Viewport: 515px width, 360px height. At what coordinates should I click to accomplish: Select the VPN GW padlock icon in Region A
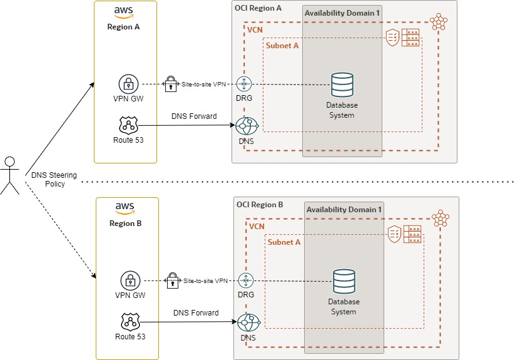click(x=128, y=84)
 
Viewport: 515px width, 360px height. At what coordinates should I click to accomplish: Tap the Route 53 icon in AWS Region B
click(x=130, y=322)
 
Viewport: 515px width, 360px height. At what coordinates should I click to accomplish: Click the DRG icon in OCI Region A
click(x=244, y=84)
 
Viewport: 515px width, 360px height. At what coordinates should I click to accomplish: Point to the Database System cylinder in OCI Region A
click(x=342, y=85)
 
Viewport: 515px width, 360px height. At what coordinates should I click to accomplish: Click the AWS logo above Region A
click(x=124, y=13)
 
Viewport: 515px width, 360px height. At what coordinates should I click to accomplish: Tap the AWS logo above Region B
click(x=126, y=208)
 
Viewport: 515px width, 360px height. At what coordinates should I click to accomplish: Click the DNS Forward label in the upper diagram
click(x=194, y=116)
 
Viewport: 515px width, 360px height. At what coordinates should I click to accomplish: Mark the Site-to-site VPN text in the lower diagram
click(x=205, y=280)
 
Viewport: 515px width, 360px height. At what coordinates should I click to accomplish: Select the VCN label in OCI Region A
click(x=254, y=29)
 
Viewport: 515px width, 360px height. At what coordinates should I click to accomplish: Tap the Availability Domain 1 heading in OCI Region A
click(x=342, y=13)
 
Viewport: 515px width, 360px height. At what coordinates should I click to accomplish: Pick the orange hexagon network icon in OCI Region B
click(x=442, y=219)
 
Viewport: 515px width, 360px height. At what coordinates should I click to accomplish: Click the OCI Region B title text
click(x=260, y=205)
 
